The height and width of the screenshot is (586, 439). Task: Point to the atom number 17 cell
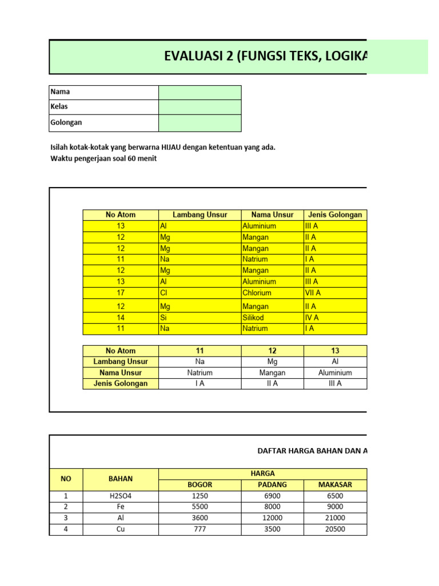[121, 293]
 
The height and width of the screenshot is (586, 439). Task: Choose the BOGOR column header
[199, 485]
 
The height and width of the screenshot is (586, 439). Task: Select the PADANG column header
[272, 485]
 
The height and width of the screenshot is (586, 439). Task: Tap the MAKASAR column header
[335, 485]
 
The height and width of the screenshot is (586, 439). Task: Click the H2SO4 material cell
[120, 496]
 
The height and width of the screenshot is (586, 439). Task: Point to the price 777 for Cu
[199, 529]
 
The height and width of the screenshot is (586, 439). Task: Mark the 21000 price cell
[335, 518]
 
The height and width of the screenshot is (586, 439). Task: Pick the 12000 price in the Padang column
[272, 518]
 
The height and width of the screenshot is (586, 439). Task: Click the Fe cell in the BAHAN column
[120, 507]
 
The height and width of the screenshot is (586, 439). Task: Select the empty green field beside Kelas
[199, 107]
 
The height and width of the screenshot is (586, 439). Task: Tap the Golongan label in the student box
[66, 122]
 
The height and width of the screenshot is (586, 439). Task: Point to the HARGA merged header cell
[262, 473]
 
